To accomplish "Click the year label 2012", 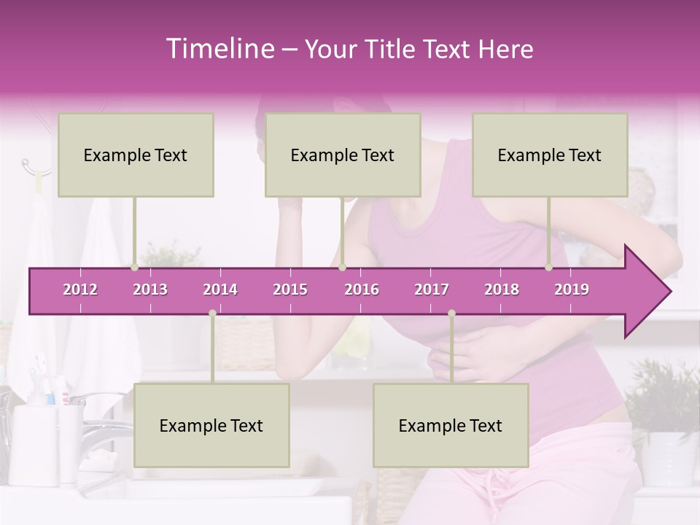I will (80, 289).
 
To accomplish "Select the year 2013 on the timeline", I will (150, 289).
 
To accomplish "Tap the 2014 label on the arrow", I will (220, 289).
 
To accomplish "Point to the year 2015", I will (290, 289).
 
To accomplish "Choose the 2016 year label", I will (362, 289).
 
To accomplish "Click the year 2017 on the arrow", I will (432, 289).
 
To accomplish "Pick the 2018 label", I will (502, 289).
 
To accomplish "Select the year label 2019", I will (572, 289).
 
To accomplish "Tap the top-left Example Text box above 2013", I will (136, 155).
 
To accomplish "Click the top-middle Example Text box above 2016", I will (343, 155).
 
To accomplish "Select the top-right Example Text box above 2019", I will (550, 155).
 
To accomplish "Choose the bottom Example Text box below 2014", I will (211, 426).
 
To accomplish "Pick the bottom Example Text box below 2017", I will (451, 426).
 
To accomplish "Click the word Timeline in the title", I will (219, 49).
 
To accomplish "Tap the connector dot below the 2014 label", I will (212, 313).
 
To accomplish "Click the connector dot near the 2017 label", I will (451, 313).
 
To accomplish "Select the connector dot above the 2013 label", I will (134, 268).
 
